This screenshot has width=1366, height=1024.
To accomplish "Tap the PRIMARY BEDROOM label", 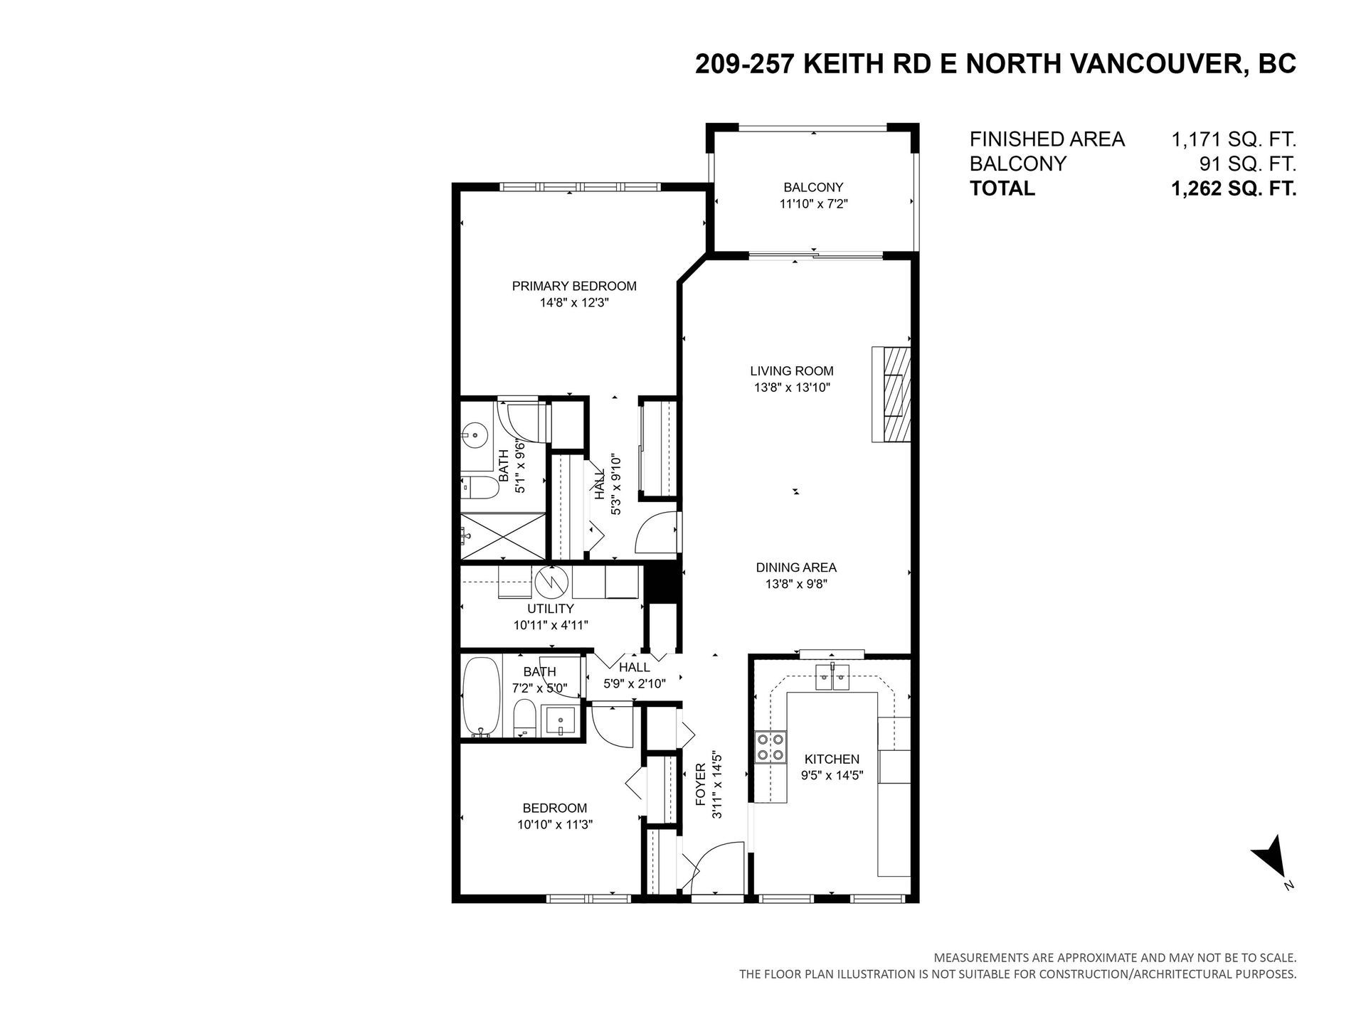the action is click(574, 286).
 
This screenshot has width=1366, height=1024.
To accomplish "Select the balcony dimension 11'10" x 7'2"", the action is click(814, 204).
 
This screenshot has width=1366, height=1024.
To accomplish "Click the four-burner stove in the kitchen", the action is click(771, 747).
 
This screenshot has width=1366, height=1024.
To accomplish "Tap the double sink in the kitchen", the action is click(832, 676).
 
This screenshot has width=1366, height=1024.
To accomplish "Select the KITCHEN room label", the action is click(832, 759).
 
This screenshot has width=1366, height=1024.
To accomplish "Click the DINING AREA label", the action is click(796, 567).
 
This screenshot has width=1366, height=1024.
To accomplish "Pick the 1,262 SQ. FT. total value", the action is click(1234, 188).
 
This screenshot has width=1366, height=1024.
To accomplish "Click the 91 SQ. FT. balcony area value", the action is click(1248, 164).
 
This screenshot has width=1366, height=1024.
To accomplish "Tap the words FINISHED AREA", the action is click(1047, 139).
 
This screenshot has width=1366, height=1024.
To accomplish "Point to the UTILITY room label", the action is click(550, 609).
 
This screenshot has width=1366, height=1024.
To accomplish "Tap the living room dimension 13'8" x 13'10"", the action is click(792, 388).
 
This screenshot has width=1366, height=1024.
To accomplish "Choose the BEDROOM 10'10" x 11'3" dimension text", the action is click(555, 824).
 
